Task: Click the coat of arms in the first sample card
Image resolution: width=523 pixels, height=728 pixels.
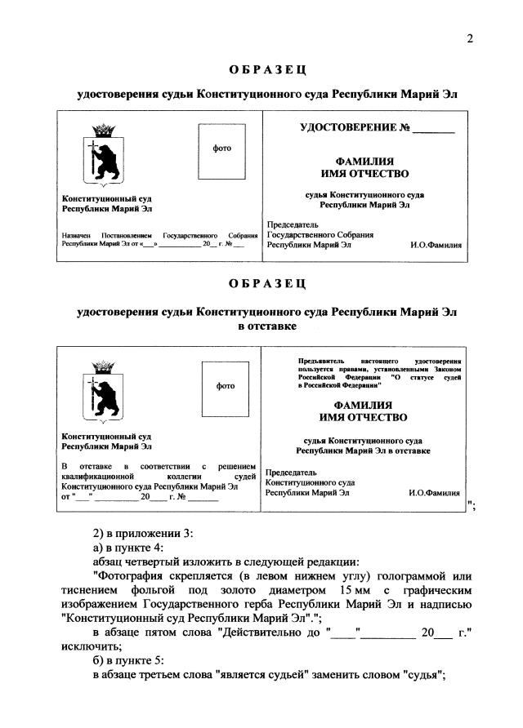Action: [x=102, y=156]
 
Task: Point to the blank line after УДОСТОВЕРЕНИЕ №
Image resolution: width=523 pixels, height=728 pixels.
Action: [x=432, y=131]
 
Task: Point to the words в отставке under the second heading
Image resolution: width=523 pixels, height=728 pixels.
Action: [x=266, y=326]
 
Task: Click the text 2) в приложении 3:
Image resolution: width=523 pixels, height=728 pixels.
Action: [x=141, y=533]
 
